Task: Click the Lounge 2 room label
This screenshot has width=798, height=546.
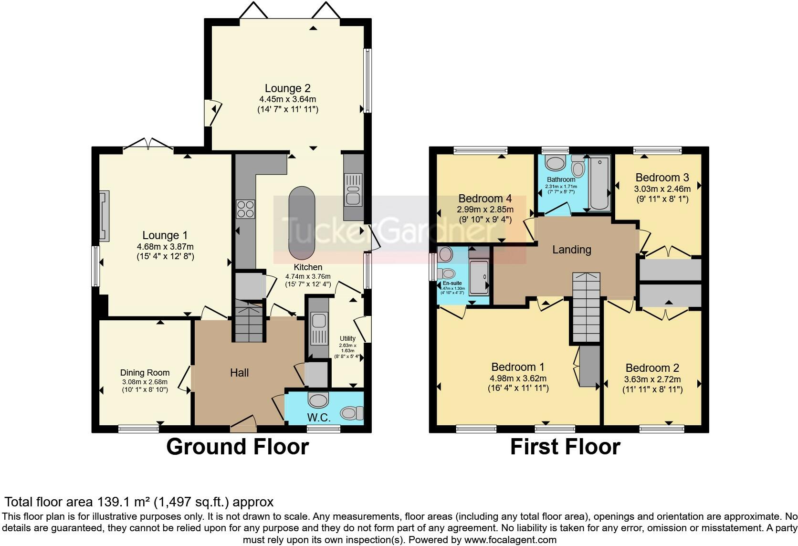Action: pos(287,88)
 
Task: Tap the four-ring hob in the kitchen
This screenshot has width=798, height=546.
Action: pos(245,209)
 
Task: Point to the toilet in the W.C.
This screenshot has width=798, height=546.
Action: pos(353,412)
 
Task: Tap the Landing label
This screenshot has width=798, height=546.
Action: pos(571,250)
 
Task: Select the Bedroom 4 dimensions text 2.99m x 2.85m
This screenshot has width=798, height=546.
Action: pos(485,209)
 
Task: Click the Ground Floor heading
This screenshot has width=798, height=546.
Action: pos(237,447)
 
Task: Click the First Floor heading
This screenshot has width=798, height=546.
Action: pos(565,447)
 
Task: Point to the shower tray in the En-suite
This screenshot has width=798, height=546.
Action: pos(479,277)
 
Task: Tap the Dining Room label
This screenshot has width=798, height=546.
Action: pos(145,373)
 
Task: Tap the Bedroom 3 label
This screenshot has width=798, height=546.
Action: pos(661,178)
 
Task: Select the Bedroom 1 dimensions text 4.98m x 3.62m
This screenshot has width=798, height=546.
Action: pos(518,378)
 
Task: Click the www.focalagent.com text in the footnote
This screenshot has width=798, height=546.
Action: pos(510,540)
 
